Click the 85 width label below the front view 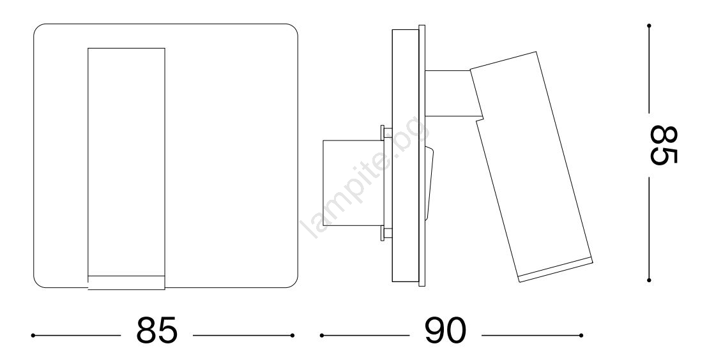click(x=156, y=330)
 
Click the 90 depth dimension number click(x=445, y=330)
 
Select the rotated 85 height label click(x=664, y=145)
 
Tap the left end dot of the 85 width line click(x=33, y=335)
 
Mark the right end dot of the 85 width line click(x=293, y=335)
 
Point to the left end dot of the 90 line click(x=322, y=335)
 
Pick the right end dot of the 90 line click(x=581, y=335)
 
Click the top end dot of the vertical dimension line click(x=649, y=26)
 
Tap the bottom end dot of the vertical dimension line click(x=649, y=280)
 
